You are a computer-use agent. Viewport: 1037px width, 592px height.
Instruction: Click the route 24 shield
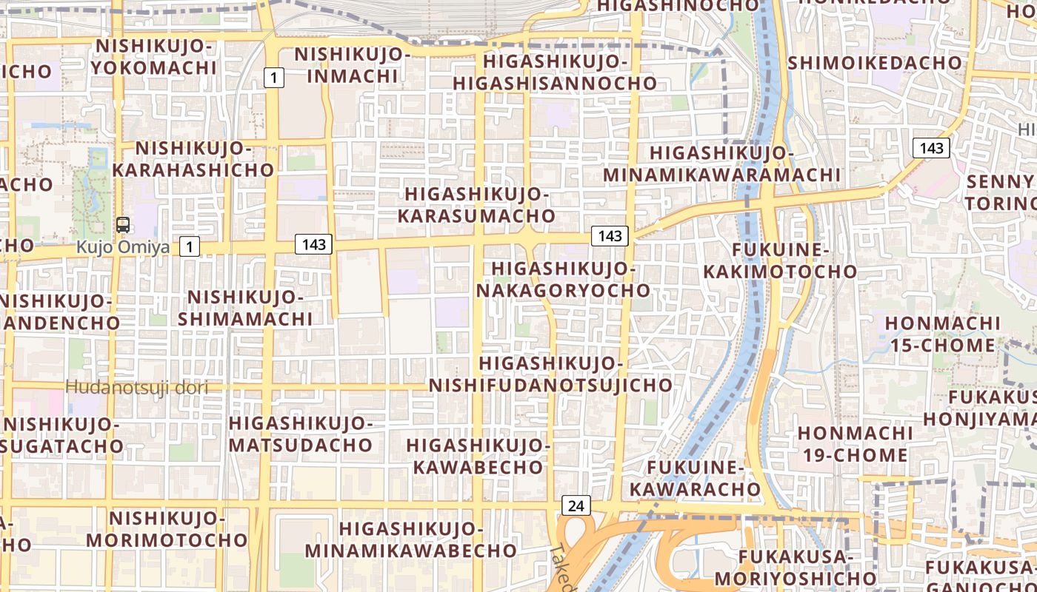pyautogui.click(x=576, y=505)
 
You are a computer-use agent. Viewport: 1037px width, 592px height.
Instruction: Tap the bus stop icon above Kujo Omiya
pyautogui.click(x=123, y=225)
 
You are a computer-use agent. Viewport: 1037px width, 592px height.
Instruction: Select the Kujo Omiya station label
pyautogui.click(x=123, y=247)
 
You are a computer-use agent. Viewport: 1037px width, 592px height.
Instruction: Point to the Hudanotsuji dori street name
pyautogui.click(x=136, y=387)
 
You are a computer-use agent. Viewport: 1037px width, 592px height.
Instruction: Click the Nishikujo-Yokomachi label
pyautogui.click(x=155, y=57)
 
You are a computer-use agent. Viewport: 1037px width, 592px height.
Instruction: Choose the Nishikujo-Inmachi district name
pyautogui.click(x=352, y=65)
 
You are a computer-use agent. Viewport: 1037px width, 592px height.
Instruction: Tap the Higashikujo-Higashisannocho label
pyautogui.click(x=555, y=72)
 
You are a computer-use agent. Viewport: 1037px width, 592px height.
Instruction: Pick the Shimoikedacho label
pyautogui.click(x=874, y=63)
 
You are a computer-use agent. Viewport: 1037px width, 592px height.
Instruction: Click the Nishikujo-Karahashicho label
pyautogui.click(x=194, y=159)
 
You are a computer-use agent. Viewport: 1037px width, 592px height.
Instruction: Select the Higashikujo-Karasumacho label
pyautogui.click(x=476, y=205)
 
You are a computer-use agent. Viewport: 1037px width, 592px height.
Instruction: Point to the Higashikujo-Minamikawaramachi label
pyautogui.click(x=722, y=164)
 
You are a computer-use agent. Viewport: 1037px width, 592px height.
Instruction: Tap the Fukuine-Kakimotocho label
pyautogui.click(x=780, y=260)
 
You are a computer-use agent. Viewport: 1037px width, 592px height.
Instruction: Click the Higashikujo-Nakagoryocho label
pyautogui.click(x=563, y=279)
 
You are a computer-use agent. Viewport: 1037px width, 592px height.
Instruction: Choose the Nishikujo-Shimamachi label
pyautogui.click(x=245, y=308)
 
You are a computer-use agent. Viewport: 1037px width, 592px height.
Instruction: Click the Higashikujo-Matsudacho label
pyautogui.click(x=300, y=434)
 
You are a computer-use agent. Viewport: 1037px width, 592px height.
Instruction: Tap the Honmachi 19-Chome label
pyautogui.click(x=856, y=443)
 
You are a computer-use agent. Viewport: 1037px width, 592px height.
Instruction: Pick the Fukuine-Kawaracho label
pyautogui.click(x=695, y=478)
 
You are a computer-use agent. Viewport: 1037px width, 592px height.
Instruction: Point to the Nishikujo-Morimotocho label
pyautogui.click(x=167, y=528)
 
